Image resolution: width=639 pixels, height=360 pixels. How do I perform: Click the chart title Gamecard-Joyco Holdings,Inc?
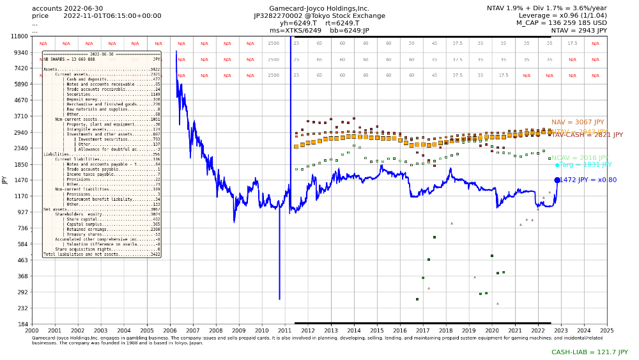[319, 8]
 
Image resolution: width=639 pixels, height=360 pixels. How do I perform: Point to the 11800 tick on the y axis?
[19, 36]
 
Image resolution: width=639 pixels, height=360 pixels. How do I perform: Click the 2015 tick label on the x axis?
[377, 331]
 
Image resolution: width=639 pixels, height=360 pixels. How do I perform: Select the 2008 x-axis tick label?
[215, 331]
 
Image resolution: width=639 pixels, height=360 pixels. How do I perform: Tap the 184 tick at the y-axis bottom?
[22, 325]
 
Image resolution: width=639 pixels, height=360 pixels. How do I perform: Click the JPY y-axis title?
[5, 180]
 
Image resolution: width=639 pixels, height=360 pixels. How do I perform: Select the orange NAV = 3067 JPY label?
[578, 122]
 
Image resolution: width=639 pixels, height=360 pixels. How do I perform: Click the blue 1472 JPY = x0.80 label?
[588, 180]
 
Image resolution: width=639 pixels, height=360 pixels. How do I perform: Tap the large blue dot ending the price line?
[557, 180]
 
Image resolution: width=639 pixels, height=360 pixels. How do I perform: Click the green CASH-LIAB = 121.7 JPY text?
[590, 352]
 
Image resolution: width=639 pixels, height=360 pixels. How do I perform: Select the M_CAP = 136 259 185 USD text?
[562, 23]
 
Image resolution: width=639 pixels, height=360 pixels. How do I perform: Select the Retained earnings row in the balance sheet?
[102, 229]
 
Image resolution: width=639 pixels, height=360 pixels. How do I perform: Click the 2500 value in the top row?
[273, 43]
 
